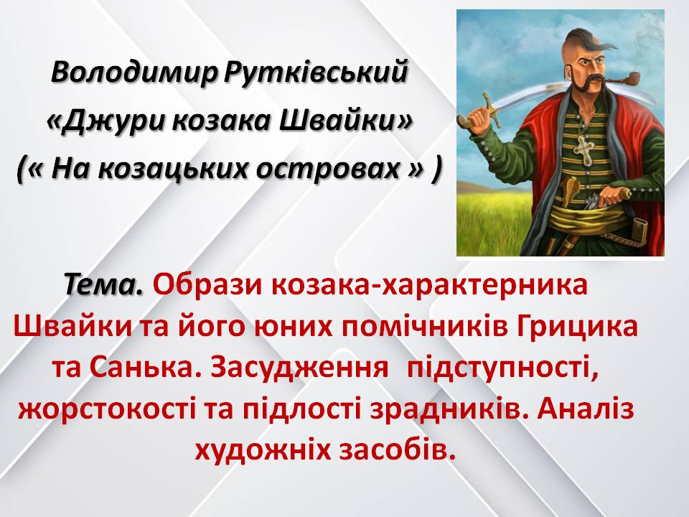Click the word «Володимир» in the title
pos(128,73)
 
